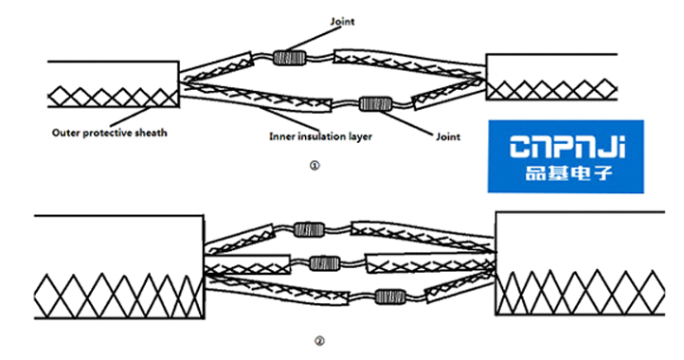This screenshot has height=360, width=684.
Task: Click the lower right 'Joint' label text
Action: (448, 136)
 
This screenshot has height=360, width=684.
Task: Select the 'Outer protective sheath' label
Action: (109, 133)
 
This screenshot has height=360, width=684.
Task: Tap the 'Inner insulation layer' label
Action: (320, 136)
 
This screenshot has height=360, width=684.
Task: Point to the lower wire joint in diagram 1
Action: (375, 102)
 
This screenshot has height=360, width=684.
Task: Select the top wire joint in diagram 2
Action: (309, 228)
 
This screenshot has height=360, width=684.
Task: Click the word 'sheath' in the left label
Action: (153, 133)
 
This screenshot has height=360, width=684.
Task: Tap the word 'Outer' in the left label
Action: (64, 133)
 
